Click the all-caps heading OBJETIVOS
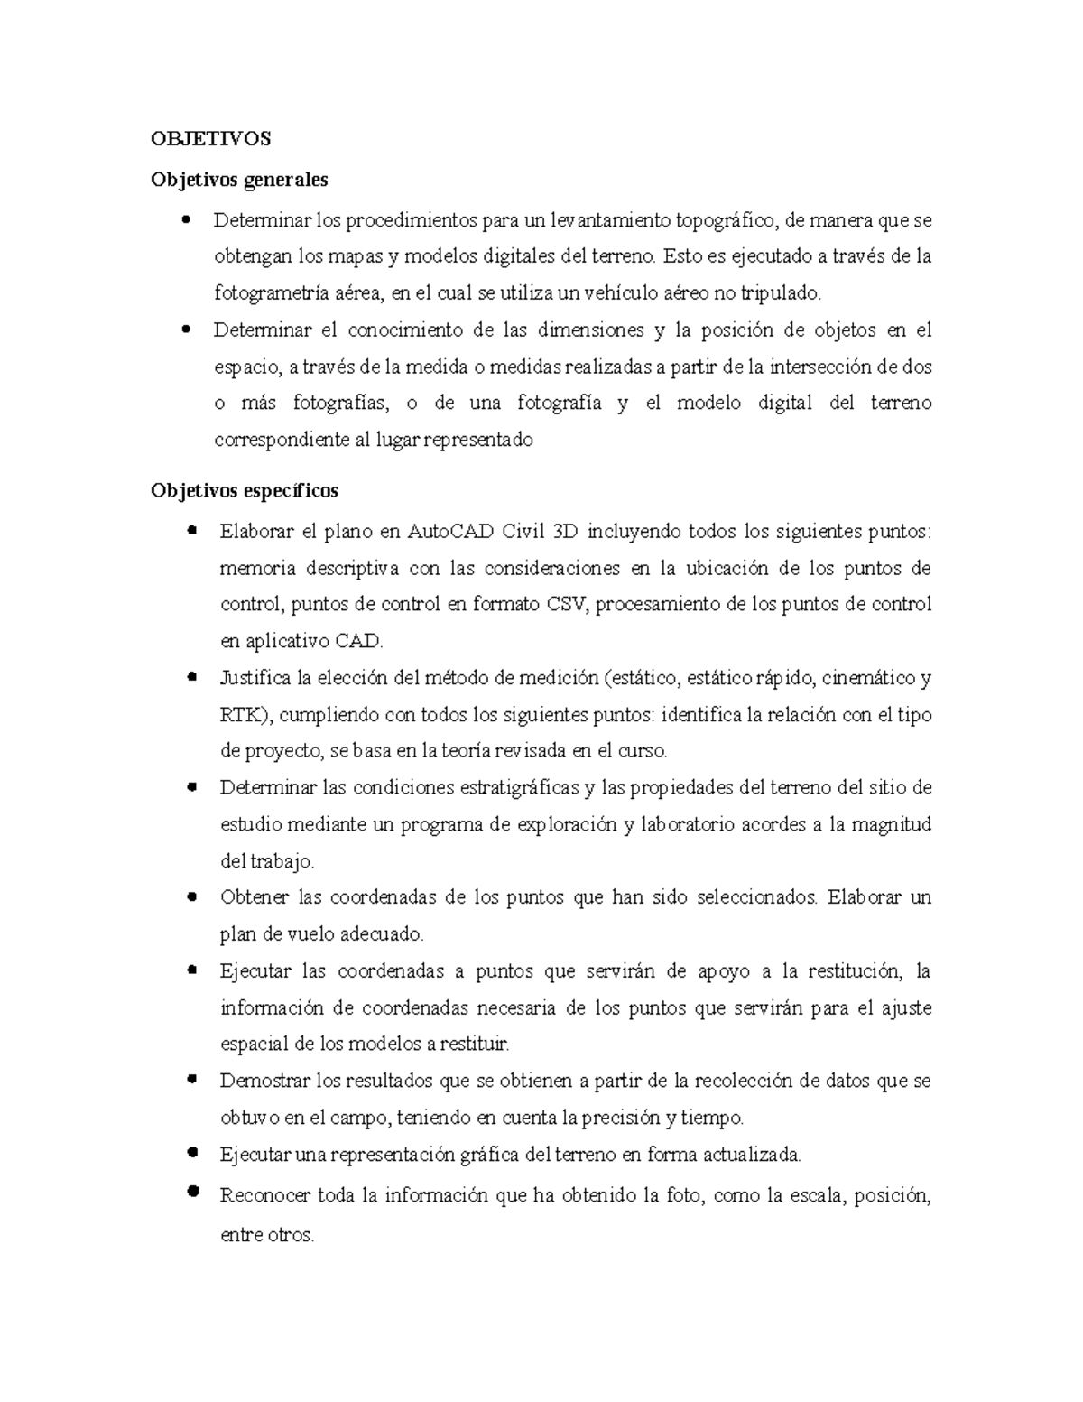click(210, 138)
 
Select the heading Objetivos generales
click(239, 179)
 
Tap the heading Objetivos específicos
click(245, 490)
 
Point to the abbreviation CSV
click(567, 604)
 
